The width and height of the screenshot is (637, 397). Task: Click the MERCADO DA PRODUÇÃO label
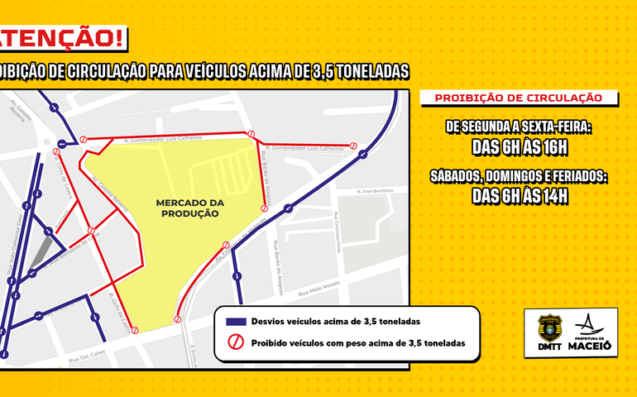click(x=187, y=208)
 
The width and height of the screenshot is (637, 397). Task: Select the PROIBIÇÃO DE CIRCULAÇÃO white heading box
click(x=519, y=98)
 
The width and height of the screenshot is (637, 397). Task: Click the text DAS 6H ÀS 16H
click(x=519, y=147)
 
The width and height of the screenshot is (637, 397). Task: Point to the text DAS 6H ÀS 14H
click(x=519, y=196)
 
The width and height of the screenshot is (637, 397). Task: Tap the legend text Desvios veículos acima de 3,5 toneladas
click(x=336, y=321)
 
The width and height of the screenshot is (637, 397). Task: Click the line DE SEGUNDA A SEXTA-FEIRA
click(x=519, y=127)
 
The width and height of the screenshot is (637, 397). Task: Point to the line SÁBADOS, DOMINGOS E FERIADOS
click(x=519, y=176)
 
